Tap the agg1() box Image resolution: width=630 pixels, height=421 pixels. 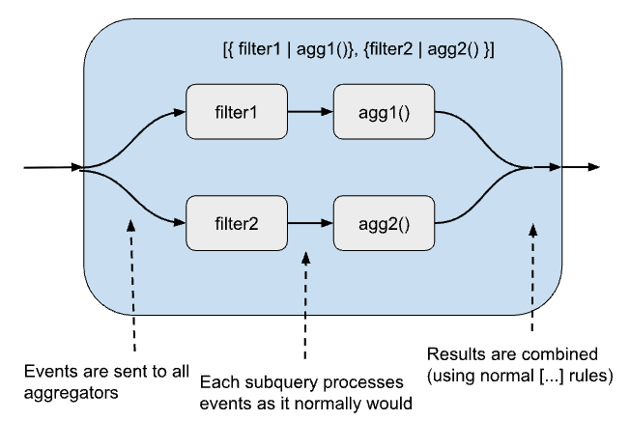(383, 111)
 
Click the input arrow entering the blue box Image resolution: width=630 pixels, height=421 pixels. (48, 167)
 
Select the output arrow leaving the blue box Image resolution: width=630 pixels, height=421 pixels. (580, 167)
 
